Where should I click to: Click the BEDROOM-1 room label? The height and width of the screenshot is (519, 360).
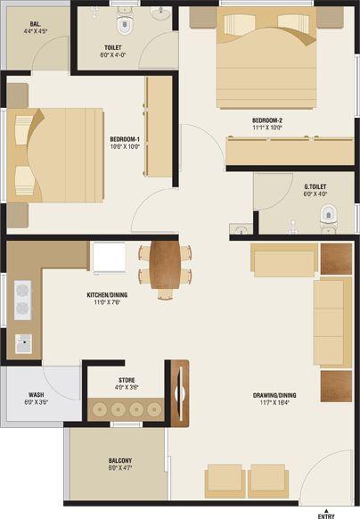click(x=125, y=139)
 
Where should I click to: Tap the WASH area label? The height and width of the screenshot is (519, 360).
click(x=36, y=394)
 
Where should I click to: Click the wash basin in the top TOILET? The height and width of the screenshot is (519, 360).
click(x=161, y=15)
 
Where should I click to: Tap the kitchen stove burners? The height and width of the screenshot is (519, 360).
click(x=22, y=301)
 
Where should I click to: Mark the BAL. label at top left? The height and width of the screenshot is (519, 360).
click(x=36, y=27)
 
